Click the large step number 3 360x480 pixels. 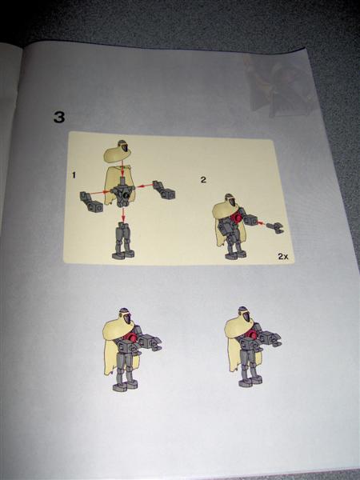(59, 117)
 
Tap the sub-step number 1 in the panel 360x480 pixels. (74, 175)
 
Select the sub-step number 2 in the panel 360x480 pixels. (203, 180)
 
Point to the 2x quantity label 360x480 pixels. (283, 256)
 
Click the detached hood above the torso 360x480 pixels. (118, 152)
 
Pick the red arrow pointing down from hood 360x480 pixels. (122, 170)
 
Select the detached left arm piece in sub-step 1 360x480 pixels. (91, 202)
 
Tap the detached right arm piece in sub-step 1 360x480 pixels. (164, 190)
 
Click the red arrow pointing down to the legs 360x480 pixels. (123, 214)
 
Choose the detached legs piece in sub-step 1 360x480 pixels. (123, 241)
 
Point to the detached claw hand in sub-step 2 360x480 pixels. (275, 227)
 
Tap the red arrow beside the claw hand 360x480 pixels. (261, 223)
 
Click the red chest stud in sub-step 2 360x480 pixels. (236, 218)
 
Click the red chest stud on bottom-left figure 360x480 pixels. (132, 338)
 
